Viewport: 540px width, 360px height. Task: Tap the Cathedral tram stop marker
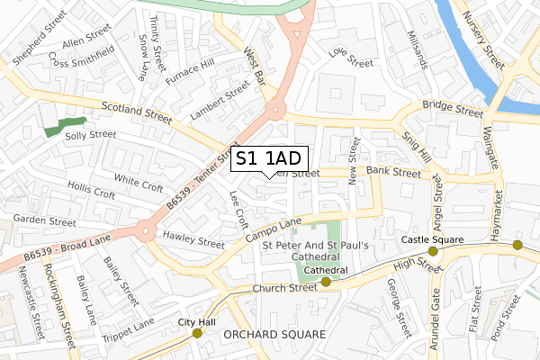326,282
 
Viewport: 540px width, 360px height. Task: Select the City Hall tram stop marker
197,334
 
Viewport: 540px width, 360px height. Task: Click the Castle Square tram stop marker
433,251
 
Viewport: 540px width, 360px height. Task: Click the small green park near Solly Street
65,127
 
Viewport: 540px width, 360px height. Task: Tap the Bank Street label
393,171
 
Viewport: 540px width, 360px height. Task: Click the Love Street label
351,58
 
